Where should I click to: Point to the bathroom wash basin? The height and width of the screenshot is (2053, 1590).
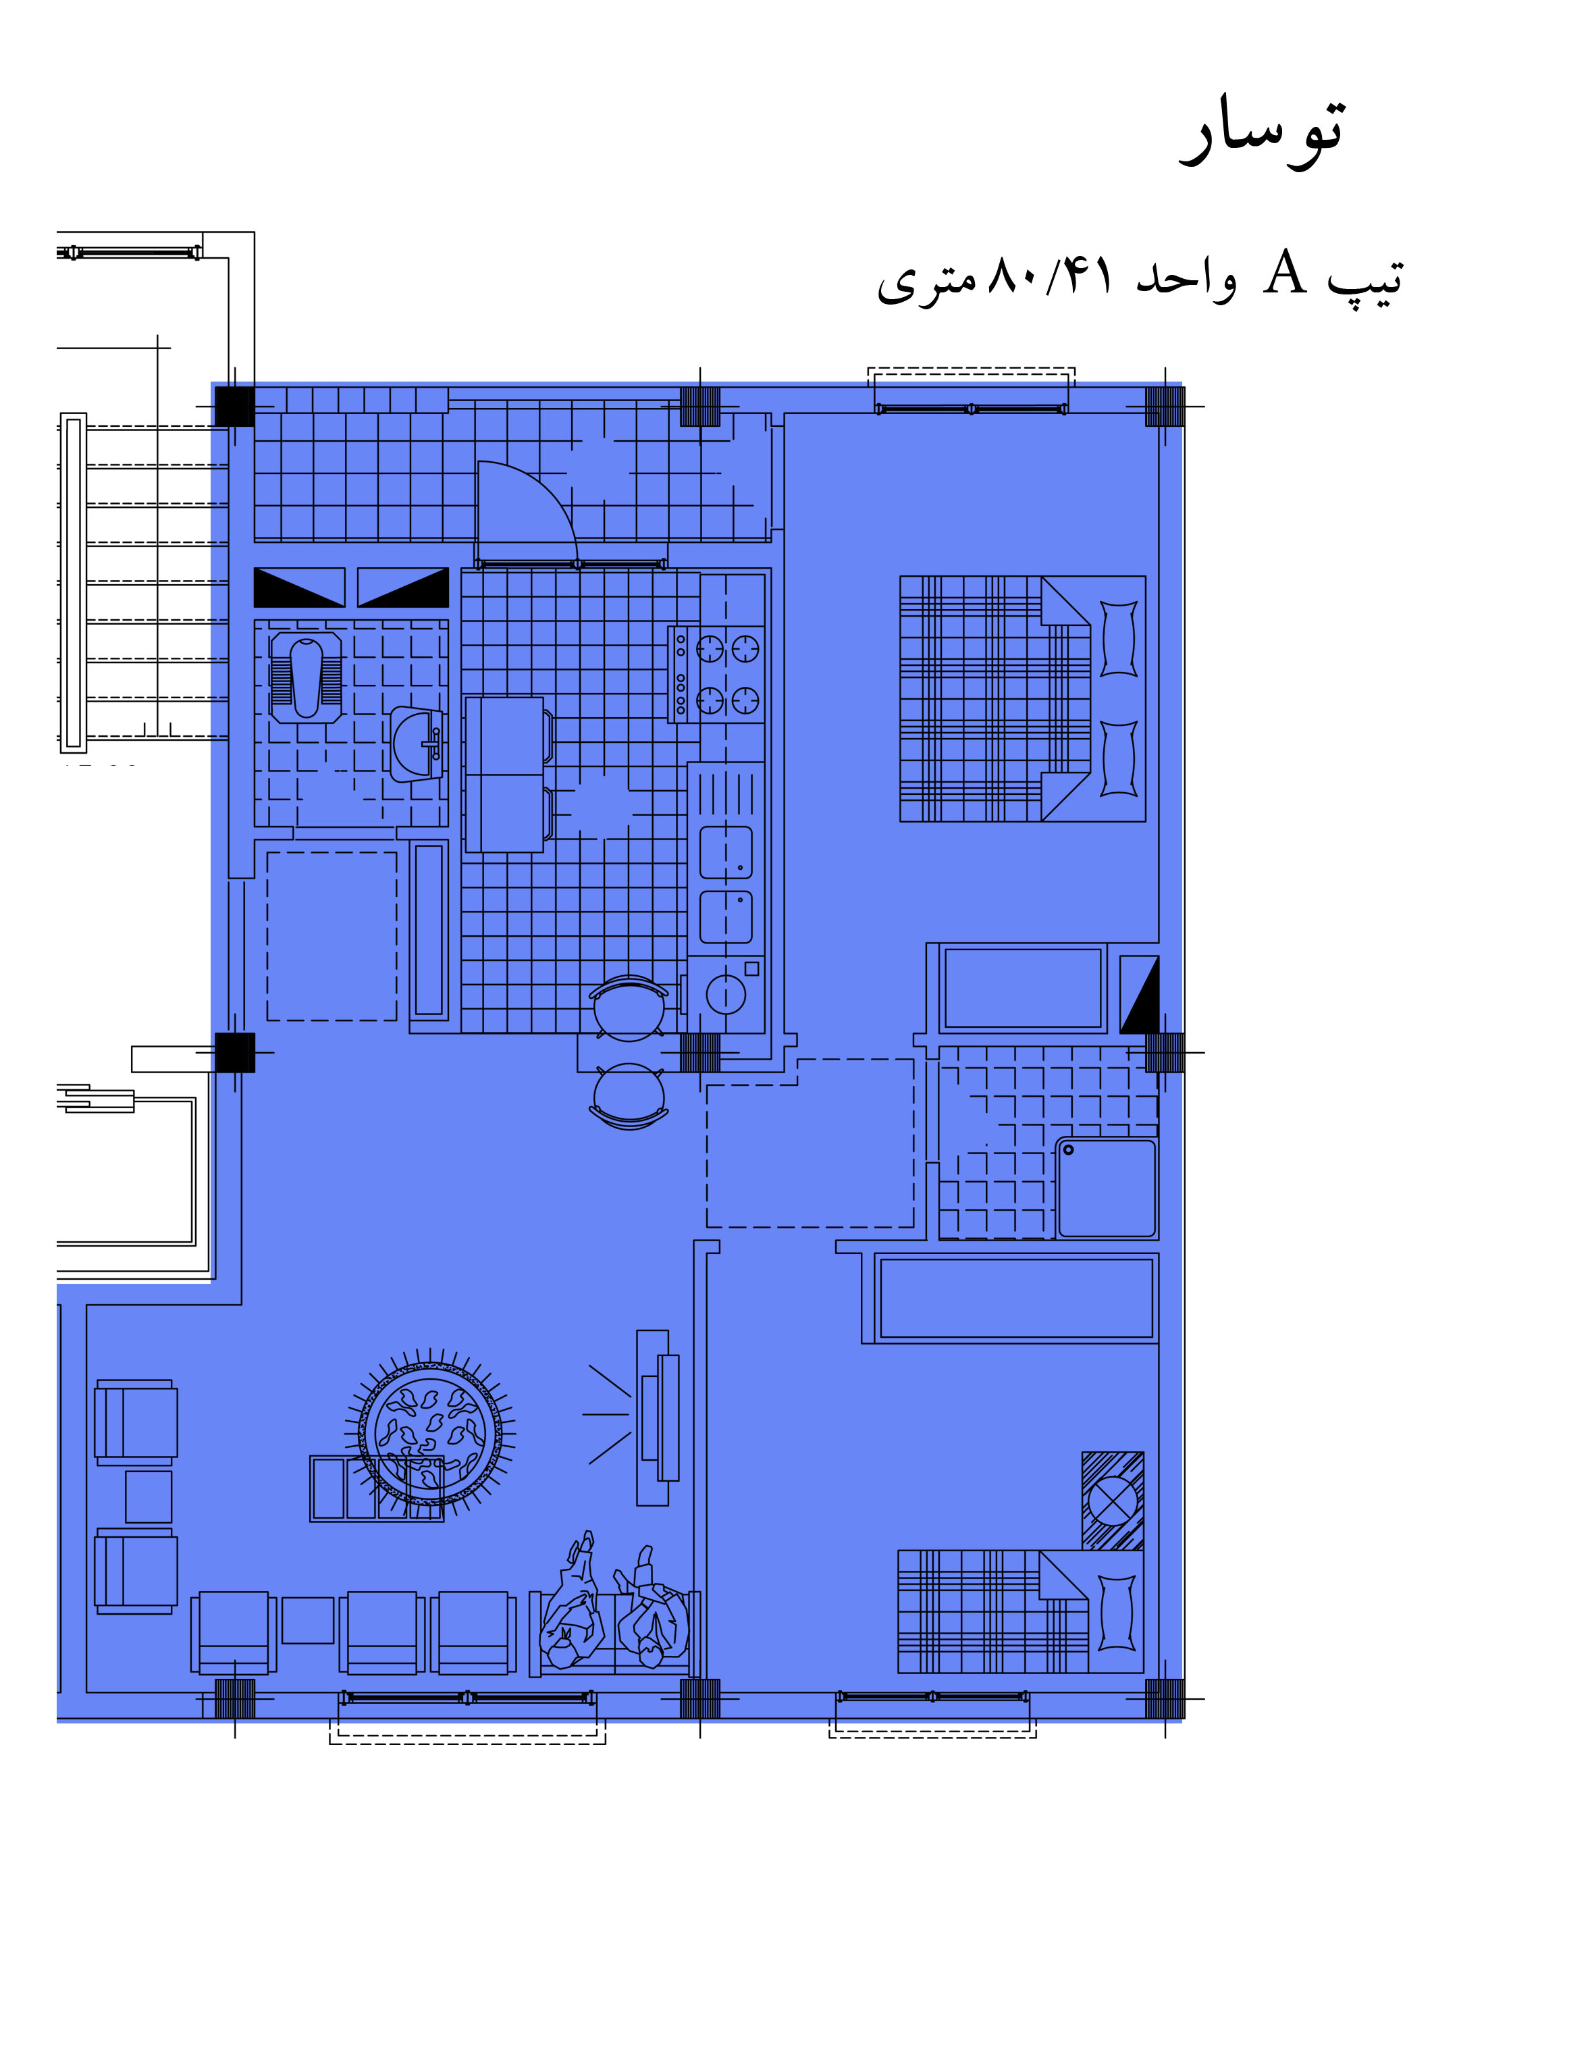click(x=417, y=744)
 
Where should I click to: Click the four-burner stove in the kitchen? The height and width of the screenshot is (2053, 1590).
click(x=717, y=674)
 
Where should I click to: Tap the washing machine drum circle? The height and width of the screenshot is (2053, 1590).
click(x=726, y=995)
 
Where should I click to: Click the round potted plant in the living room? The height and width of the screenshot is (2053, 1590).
click(x=430, y=1434)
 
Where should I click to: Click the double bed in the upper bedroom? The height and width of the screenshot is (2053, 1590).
click(x=1022, y=698)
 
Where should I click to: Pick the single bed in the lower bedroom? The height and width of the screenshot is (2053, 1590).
click(x=1021, y=1611)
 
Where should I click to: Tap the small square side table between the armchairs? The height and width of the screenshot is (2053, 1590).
click(x=149, y=1497)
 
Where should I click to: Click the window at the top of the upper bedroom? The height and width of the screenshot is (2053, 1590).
click(x=972, y=409)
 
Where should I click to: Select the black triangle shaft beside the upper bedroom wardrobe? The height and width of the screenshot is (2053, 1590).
click(x=1139, y=995)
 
